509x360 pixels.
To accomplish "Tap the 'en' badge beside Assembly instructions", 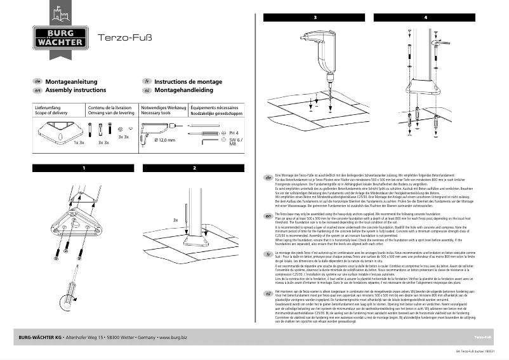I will click(37, 91).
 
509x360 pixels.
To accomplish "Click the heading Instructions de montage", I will click(188, 82).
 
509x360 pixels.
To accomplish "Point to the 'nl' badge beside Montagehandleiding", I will click(147, 91).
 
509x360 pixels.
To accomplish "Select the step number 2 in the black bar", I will click(194, 168).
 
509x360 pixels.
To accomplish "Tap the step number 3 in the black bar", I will click(315, 17).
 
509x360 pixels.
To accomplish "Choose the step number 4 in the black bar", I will click(425, 17).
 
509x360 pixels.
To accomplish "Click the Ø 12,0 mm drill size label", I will click(164, 140).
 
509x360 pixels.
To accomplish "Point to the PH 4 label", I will click(233, 133).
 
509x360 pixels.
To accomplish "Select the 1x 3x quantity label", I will click(79, 143).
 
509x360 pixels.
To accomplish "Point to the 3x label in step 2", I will click(175, 219).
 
